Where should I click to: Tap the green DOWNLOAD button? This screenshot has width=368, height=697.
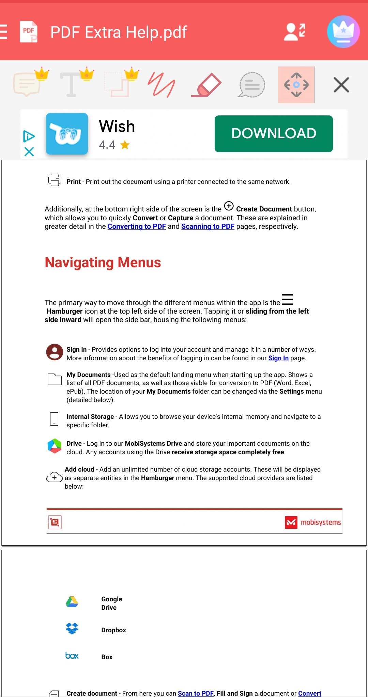click(x=274, y=133)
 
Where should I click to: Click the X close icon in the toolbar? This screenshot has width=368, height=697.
click(x=341, y=85)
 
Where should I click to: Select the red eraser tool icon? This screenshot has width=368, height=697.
click(x=206, y=85)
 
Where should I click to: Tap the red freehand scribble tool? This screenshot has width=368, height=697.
click(x=161, y=85)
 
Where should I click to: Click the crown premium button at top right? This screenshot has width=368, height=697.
click(x=343, y=32)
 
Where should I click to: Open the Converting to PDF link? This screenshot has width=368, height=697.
click(x=137, y=227)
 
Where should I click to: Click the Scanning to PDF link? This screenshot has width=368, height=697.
click(x=208, y=227)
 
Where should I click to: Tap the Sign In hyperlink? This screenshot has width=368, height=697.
click(x=278, y=358)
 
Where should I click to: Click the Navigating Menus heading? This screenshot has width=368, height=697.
click(x=103, y=263)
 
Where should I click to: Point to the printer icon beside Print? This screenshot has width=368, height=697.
click(x=55, y=180)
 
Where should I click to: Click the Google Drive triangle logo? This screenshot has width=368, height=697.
click(x=72, y=602)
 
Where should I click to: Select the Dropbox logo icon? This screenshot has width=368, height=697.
click(x=72, y=629)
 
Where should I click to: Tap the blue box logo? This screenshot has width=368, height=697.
click(x=72, y=656)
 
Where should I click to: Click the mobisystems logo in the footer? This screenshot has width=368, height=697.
click(x=313, y=522)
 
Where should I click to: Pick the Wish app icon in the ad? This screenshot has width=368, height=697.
click(x=67, y=134)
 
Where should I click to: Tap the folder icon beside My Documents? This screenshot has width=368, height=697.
click(x=55, y=379)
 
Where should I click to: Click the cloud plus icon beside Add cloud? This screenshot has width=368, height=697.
click(x=55, y=477)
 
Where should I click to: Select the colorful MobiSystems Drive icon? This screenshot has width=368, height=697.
click(x=55, y=446)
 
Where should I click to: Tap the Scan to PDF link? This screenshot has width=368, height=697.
click(x=196, y=693)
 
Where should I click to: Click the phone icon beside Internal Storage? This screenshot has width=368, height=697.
click(x=54, y=419)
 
